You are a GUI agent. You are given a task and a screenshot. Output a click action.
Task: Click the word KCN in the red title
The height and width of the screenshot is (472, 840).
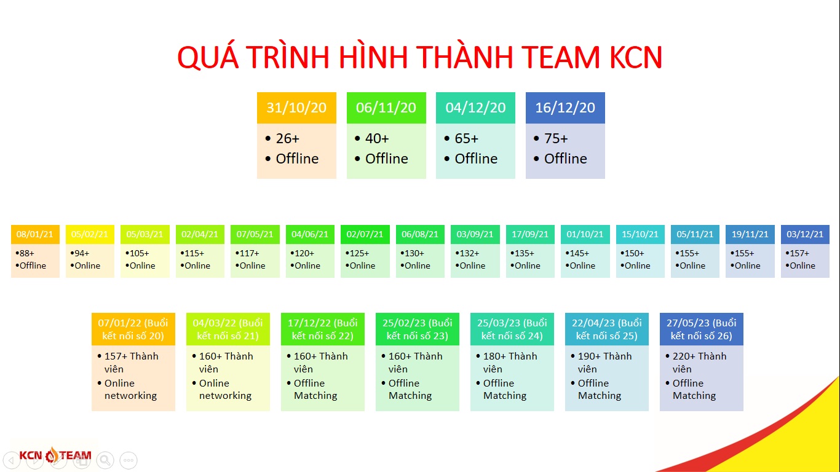pyautogui.click(x=636, y=57)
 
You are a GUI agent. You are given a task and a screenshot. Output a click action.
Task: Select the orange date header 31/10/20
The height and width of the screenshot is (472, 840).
pyautogui.click(x=296, y=108)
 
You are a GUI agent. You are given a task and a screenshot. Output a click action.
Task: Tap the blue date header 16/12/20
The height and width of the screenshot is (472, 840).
pyautogui.click(x=565, y=108)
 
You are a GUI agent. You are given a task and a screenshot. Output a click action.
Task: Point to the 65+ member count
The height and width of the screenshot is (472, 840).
pyautogui.click(x=467, y=138)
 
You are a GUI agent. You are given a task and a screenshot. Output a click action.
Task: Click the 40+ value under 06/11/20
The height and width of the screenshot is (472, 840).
pyautogui.click(x=377, y=138)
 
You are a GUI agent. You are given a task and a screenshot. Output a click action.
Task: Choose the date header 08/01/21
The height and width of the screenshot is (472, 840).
pyautogui.click(x=35, y=234)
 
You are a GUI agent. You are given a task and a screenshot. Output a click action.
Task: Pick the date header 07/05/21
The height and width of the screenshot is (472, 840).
pyautogui.click(x=255, y=234)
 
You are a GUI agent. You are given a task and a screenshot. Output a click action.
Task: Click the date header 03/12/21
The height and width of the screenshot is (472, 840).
pyautogui.click(x=805, y=234)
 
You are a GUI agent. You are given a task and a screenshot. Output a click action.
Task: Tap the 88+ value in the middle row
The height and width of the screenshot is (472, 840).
pyautogui.click(x=26, y=253)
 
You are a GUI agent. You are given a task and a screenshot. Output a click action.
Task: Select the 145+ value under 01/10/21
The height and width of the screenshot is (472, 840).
pyautogui.click(x=579, y=253)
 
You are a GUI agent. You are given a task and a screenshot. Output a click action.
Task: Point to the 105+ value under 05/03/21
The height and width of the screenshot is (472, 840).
pyautogui.click(x=139, y=253)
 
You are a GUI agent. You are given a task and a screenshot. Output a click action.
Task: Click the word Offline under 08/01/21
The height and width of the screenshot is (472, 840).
pyautogui.click(x=33, y=265)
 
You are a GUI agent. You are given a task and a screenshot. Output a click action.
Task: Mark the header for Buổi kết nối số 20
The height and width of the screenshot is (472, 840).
pyautogui.click(x=133, y=329)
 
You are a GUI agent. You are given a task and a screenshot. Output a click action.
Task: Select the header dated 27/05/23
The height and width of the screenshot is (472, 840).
pyautogui.click(x=701, y=329)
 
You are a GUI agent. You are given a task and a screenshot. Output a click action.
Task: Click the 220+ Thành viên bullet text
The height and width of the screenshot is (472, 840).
pyautogui.click(x=699, y=363)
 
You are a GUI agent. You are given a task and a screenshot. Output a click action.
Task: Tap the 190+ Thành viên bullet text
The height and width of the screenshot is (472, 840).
pyautogui.click(x=604, y=363)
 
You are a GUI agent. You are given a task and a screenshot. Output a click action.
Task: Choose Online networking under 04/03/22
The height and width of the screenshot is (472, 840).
pyautogui.click(x=225, y=390)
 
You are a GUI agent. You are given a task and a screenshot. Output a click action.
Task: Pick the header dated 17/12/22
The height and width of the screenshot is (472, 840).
pyautogui.click(x=322, y=329)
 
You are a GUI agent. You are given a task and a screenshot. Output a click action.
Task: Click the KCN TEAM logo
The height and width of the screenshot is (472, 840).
pyautogui.click(x=55, y=455)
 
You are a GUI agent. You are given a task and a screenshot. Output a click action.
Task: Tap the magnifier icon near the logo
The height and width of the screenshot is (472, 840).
pyautogui.click(x=105, y=460)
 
